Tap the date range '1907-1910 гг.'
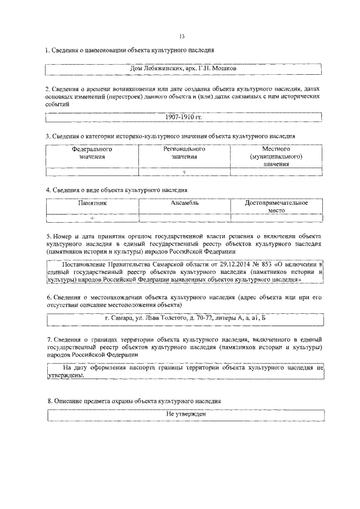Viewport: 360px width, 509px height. pos(183,117)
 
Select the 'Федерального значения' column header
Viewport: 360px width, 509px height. pos(92,153)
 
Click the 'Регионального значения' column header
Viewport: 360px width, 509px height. pos(184,153)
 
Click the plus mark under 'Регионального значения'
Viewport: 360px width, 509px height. pos(184,172)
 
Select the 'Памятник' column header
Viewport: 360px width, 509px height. pos(92,202)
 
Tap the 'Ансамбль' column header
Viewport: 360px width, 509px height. pos(184,202)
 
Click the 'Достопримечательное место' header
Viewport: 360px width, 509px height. pos(276,206)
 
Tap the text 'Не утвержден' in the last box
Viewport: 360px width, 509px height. pos(186,414)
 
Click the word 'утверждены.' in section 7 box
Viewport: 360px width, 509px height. pos(66,376)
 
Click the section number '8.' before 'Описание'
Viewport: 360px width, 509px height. pos(49,400)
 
